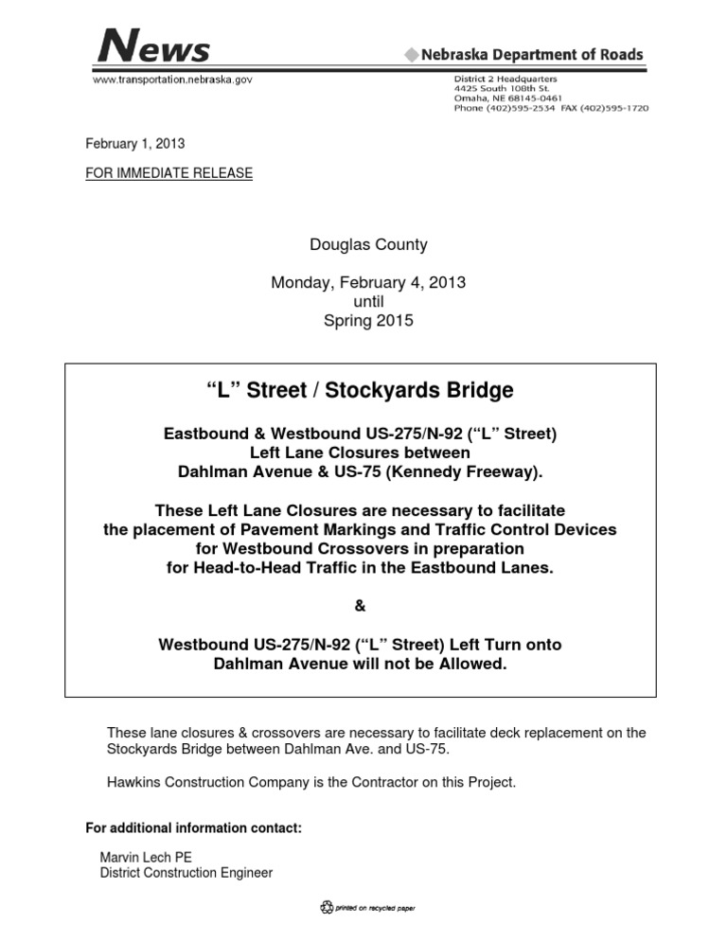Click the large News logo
(x=152, y=44)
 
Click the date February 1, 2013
(x=135, y=144)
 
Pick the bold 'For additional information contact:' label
(x=193, y=828)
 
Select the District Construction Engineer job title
(x=186, y=873)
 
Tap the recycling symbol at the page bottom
(x=328, y=907)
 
